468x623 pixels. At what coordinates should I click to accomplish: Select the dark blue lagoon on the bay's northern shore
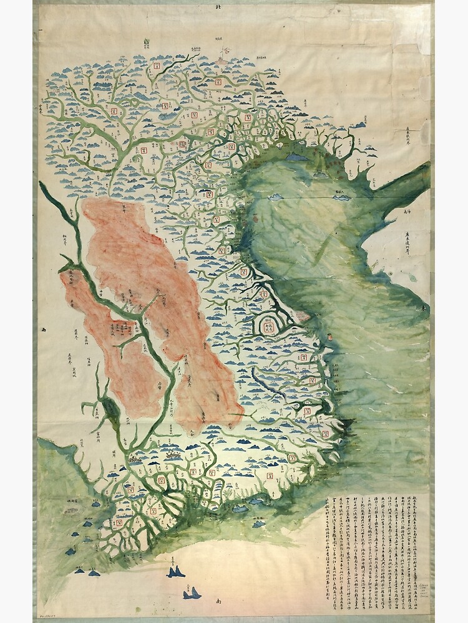pos(296,158)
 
